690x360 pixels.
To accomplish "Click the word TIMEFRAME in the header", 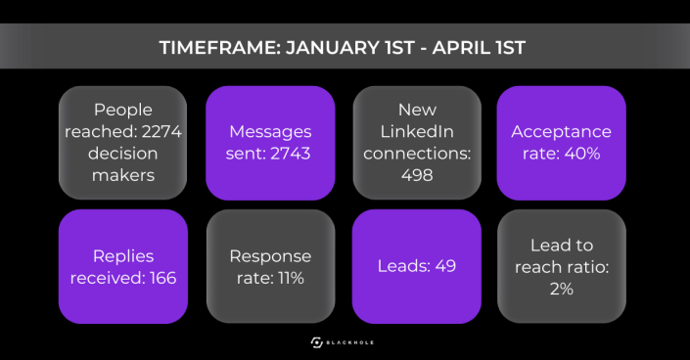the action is click(x=220, y=48).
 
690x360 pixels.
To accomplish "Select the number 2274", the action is click(x=161, y=132).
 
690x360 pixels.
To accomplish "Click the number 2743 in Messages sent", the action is click(x=291, y=154).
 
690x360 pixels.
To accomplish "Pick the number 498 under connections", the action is click(x=417, y=175).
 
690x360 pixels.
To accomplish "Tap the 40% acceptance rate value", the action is click(x=582, y=154).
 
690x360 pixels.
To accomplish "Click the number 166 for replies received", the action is click(x=162, y=278).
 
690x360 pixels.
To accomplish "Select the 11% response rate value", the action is click(x=290, y=278).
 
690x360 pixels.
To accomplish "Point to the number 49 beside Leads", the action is click(x=445, y=266).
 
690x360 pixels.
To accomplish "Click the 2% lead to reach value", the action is click(x=562, y=289).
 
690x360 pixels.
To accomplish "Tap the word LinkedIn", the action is click(x=417, y=132).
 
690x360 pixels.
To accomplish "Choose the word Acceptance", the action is click(x=562, y=132).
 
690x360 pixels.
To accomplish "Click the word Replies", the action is click(x=123, y=256).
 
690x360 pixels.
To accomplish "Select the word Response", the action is click(x=270, y=256).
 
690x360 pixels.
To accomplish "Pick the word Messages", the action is click(x=270, y=132).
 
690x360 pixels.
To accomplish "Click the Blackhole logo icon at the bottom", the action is click(x=317, y=342).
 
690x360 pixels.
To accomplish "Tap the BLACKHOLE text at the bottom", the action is click(x=350, y=342).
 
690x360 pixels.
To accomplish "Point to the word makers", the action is click(x=123, y=175).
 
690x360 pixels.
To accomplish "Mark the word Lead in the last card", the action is click(x=546, y=246).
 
